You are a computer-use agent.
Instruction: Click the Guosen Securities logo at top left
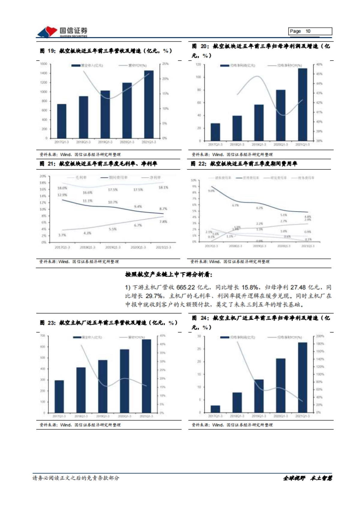coord(61,32)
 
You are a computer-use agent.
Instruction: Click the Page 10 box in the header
coord(310,31)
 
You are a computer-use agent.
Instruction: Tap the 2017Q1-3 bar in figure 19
coord(62,121)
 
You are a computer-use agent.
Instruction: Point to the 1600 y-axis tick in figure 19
coord(44,64)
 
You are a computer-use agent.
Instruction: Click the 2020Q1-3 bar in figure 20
coord(280,115)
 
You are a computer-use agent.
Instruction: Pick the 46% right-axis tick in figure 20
coord(319,64)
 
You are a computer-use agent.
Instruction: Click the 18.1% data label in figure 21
coord(163,188)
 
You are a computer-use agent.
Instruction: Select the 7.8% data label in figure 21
coord(163,222)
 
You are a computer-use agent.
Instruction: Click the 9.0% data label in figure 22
coord(211,191)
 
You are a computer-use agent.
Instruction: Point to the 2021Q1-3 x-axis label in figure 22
coord(308,246)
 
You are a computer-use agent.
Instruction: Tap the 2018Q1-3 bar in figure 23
coord(81,390)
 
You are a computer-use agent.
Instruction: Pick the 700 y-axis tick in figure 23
coord(42,336)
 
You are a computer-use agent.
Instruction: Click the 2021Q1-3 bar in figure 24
coord(302,377)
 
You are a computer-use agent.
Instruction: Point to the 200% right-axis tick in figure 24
coord(320,336)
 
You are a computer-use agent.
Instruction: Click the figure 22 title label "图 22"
coord(198,164)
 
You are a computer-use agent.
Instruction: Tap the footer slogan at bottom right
coord(308,478)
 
